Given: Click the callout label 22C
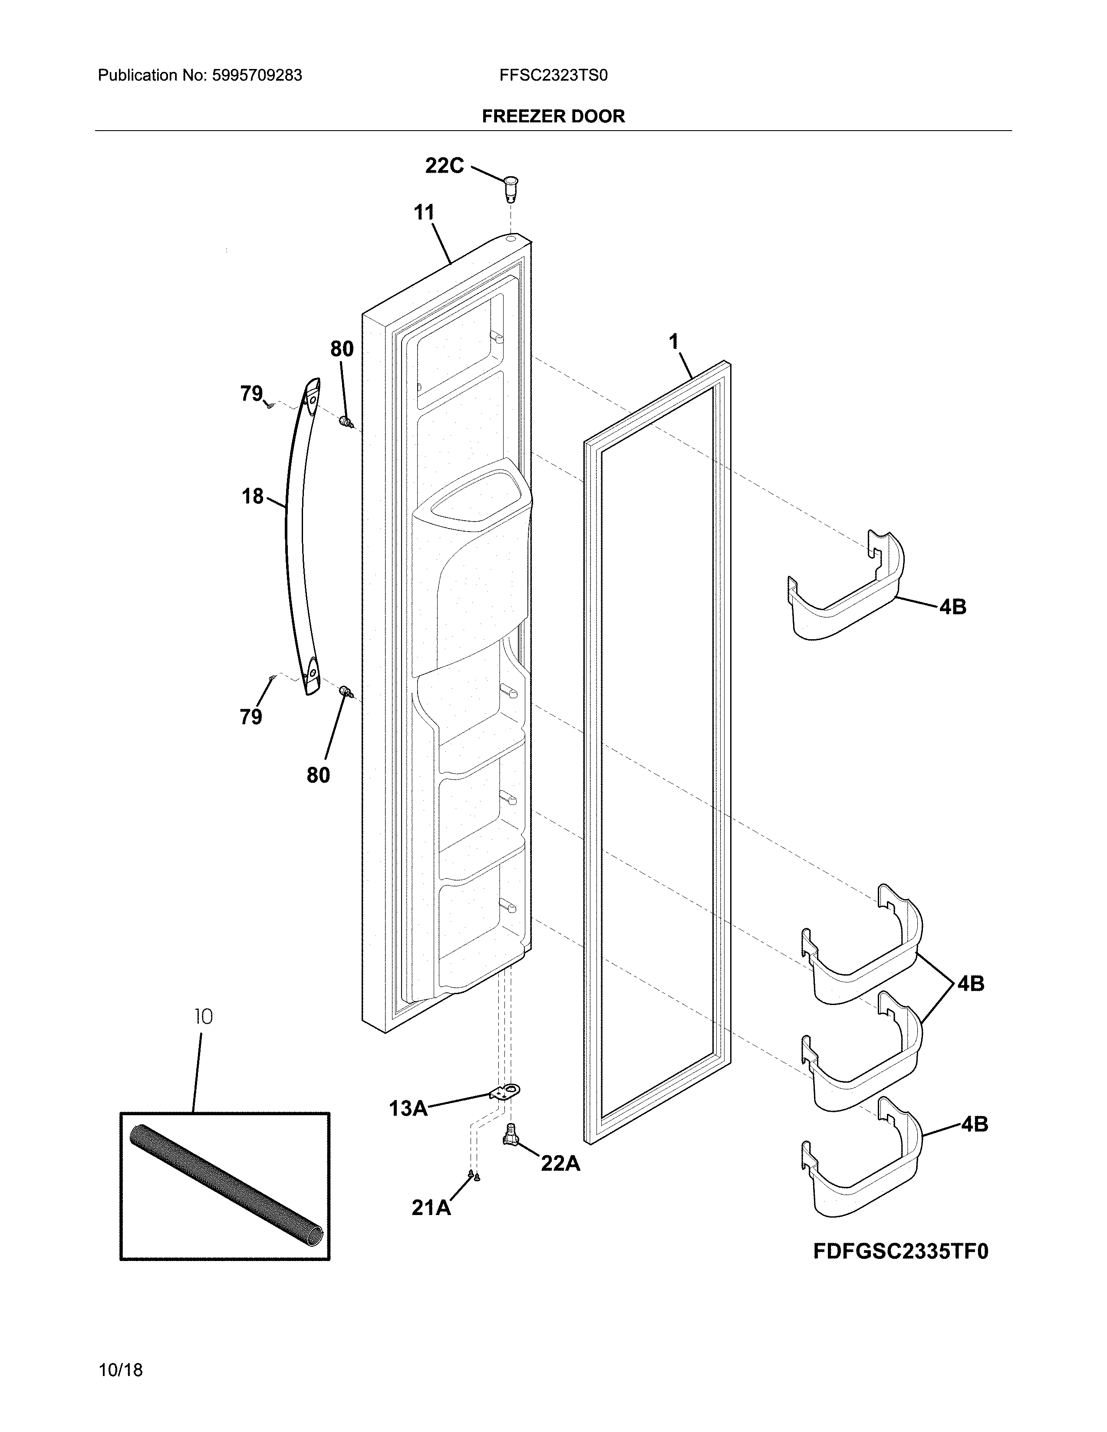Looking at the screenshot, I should tap(444, 166).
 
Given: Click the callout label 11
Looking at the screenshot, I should tap(424, 213).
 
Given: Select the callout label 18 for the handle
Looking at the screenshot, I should tap(253, 496).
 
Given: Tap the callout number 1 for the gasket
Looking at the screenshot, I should tap(673, 342).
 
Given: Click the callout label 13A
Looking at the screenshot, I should tap(408, 1108).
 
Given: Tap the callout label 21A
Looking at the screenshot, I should tap(431, 1207).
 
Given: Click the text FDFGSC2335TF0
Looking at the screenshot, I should tap(900, 1251).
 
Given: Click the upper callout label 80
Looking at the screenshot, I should tap(342, 349).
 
